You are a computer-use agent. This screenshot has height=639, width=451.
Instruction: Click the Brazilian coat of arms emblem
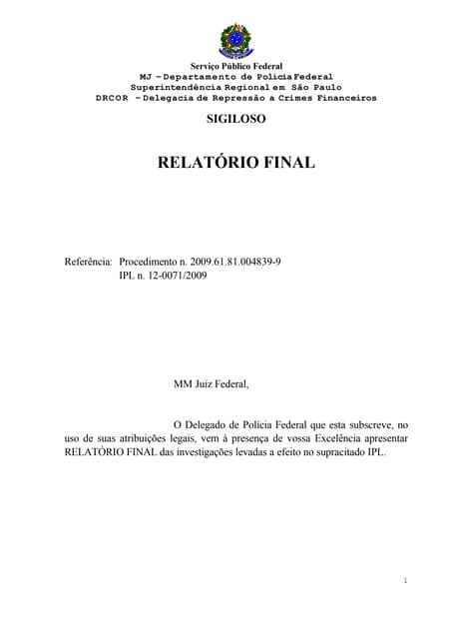tap(236, 40)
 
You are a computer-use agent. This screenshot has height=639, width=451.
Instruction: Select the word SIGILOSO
tap(236, 119)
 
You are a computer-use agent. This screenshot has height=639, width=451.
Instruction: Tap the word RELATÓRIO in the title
tap(208, 162)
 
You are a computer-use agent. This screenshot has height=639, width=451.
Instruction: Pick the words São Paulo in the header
tap(320, 87)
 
